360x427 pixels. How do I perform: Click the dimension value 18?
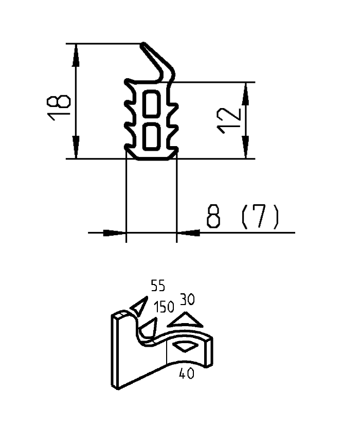click(60, 108)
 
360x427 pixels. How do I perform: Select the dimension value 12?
click(229, 121)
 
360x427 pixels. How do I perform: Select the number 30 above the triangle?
click(187, 299)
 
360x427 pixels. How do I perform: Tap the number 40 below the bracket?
click(186, 374)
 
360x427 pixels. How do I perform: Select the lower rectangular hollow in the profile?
click(151, 136)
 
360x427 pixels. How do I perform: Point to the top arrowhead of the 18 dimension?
click(76, 54)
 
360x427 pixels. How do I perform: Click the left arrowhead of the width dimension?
click(115, 233)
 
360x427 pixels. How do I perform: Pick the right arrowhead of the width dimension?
click(189, 233)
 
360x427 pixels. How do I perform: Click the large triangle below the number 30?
click(185, 321)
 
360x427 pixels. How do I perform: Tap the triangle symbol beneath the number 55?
click(137, 307)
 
